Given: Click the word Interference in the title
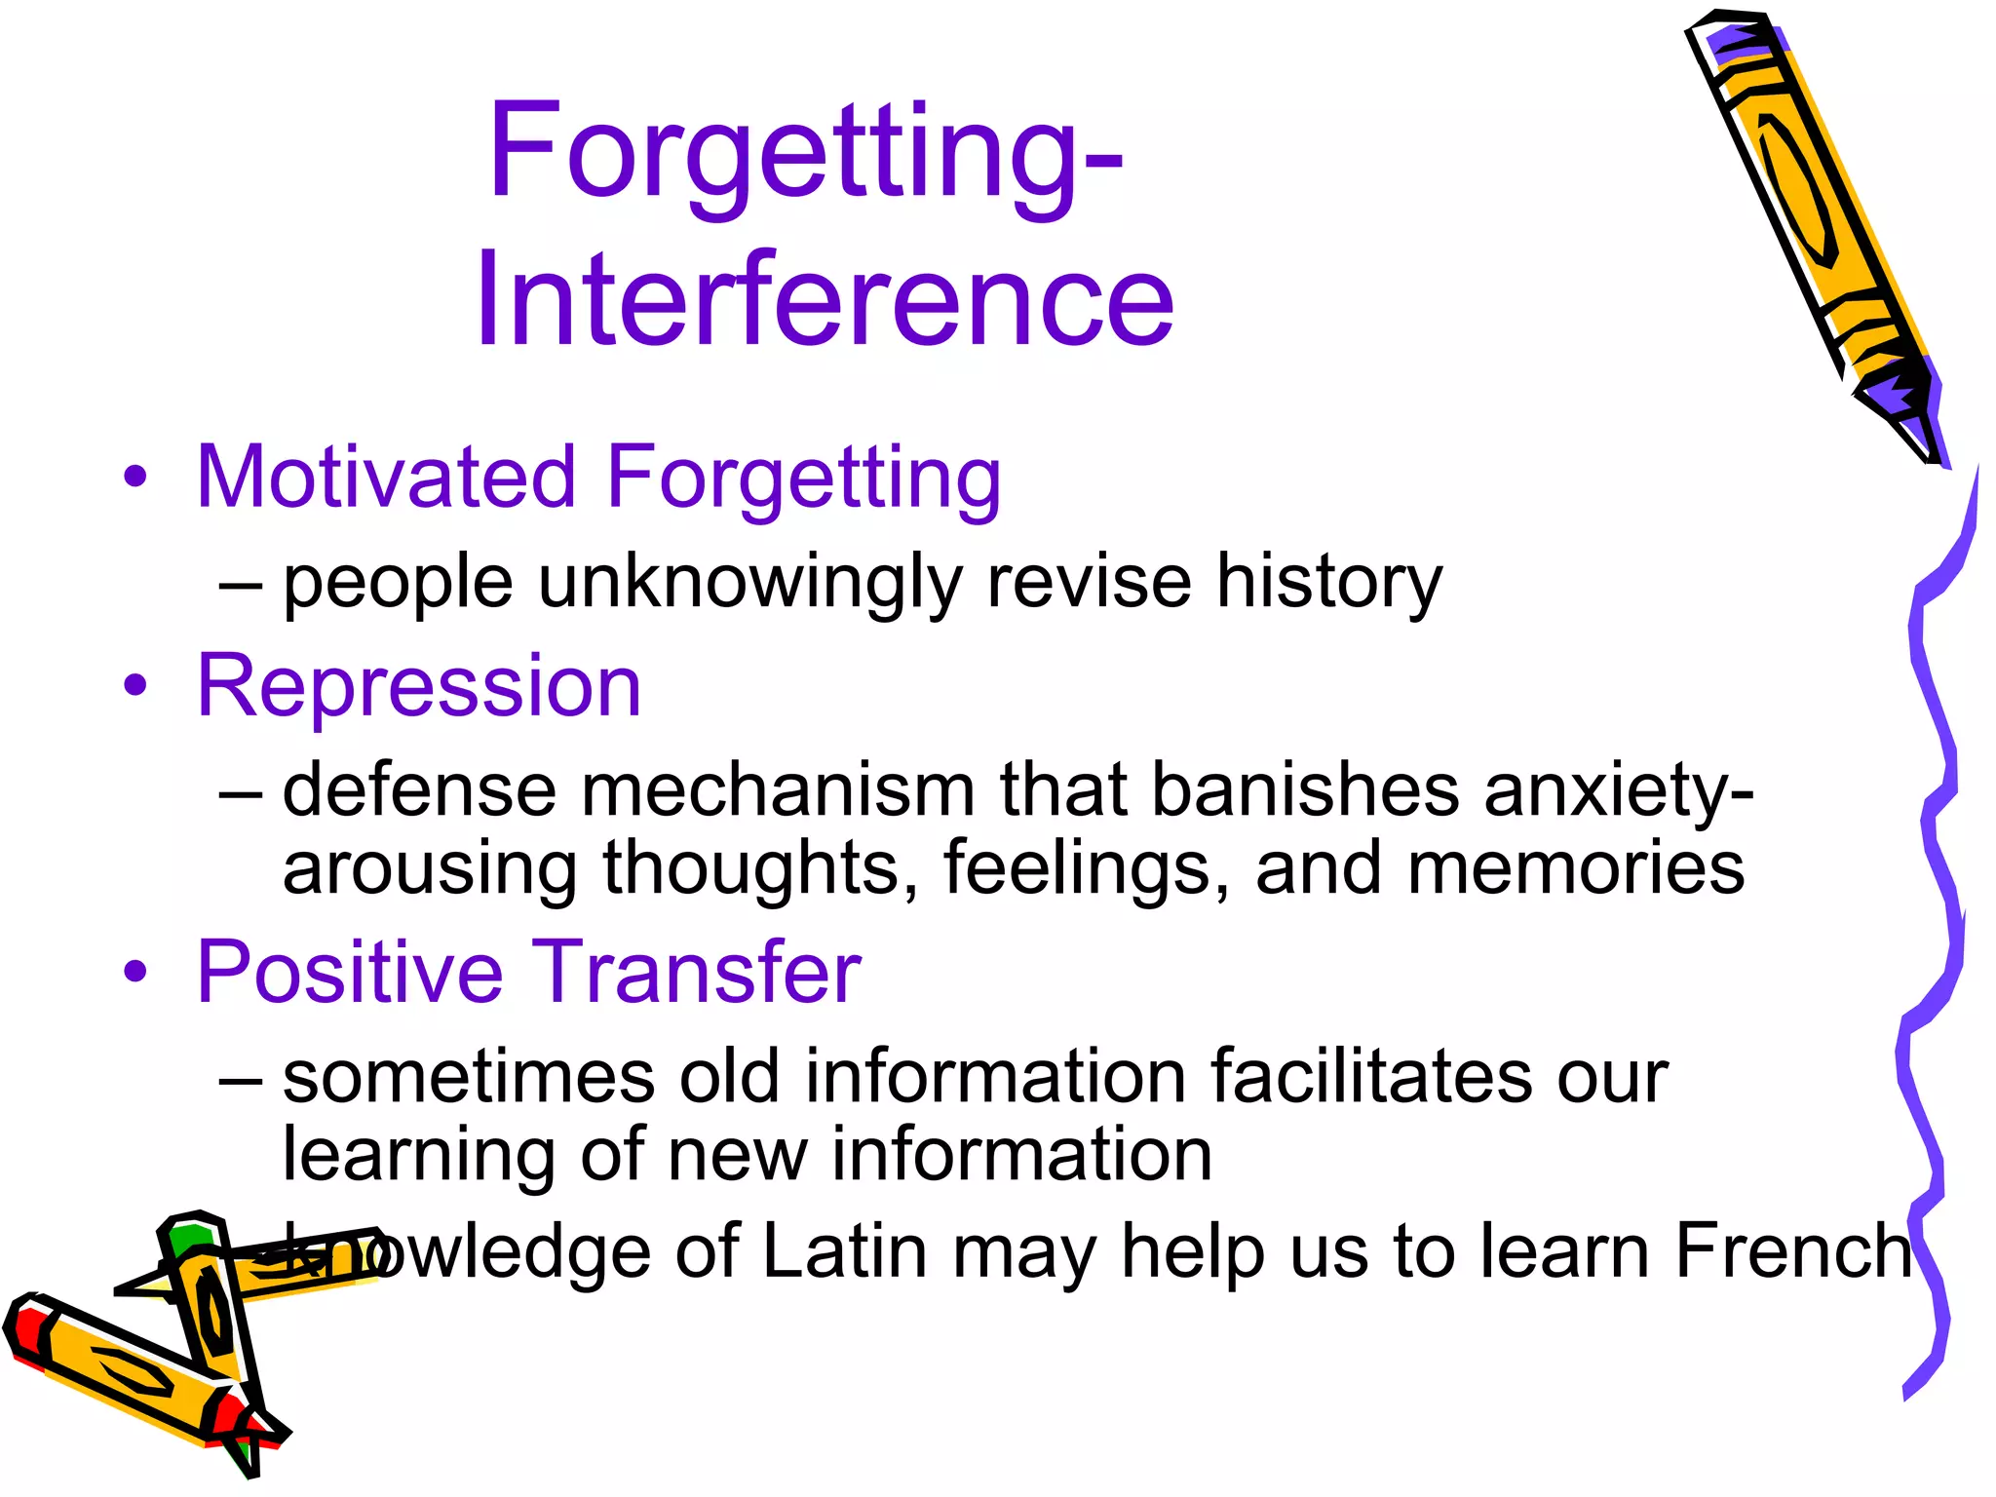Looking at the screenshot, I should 825,299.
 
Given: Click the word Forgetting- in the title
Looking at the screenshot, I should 805,151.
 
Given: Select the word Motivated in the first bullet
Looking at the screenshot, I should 387,477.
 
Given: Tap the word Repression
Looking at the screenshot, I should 419,686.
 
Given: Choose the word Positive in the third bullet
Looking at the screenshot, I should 350,972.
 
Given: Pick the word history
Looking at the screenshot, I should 1329,582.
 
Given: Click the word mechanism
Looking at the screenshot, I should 778,789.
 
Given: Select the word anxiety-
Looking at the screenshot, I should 1619,789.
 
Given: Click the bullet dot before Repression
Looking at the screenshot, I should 135,686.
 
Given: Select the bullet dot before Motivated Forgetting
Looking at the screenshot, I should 135,477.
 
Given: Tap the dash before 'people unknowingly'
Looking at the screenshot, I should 241,584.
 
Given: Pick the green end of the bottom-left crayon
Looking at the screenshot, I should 190,1238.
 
